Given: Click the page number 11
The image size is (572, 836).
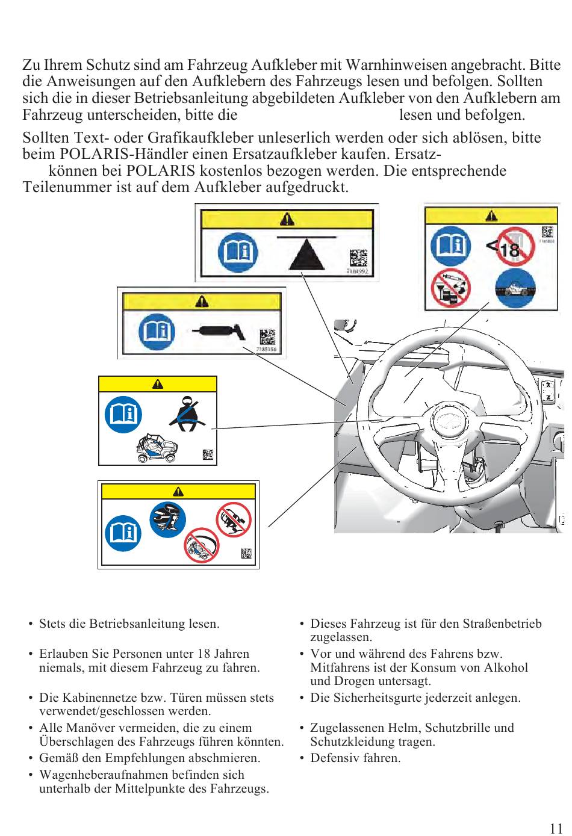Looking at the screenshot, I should pyautogui.click(x=556, y=828).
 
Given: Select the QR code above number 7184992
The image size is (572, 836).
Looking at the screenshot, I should pyautogui.click(x=358, y=258).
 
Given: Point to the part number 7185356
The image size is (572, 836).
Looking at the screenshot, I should pyautogui.click(x=266, y=349).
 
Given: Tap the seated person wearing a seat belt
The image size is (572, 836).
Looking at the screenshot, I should pyautogui.click(x=187, y=413).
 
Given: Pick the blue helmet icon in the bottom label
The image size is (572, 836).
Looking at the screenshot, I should pyautogui.click(x=168, y=519).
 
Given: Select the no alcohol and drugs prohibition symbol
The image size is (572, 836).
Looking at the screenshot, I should pyautogui.click(x=451, y=288).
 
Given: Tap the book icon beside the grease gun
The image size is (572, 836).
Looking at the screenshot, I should pyautogui.click(x=156, y=332).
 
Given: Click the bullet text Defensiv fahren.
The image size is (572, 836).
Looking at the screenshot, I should pyautogui.click(x=355, y=758).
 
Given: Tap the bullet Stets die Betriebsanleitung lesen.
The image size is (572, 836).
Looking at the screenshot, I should pyautogui.click(x=129, y=624).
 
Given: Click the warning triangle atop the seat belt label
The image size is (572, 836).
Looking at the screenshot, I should pyautogui.click(x=158, y=384).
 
